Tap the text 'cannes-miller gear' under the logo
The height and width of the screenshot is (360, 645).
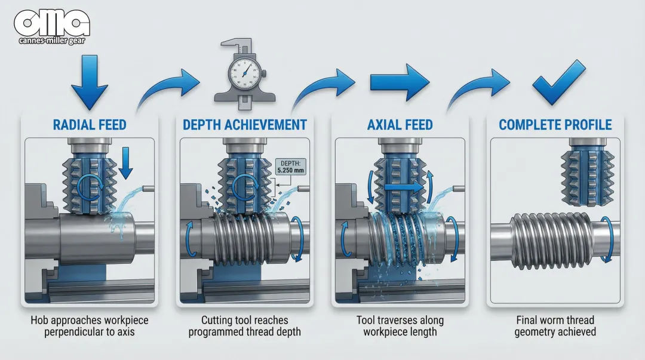52,41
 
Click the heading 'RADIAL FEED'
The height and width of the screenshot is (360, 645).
90,125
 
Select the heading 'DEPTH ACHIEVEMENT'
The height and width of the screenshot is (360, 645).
244,125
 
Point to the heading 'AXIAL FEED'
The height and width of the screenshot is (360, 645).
400,125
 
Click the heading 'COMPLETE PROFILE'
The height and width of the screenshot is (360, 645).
555,125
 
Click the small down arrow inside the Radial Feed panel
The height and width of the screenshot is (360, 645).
125,163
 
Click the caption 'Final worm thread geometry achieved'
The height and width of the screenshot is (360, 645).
555,326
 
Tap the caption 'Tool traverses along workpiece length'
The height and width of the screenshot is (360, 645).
400,326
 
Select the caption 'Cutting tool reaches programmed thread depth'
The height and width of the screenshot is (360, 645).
244,326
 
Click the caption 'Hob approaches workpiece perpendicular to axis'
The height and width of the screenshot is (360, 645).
90,326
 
